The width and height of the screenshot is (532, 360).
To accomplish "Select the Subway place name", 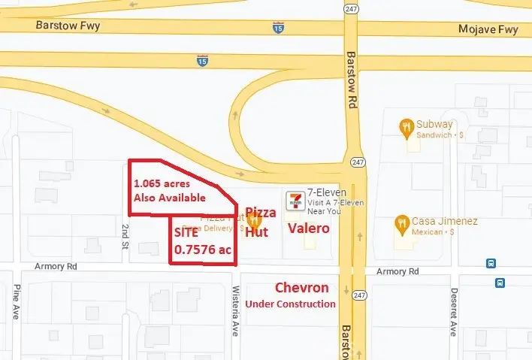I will click(435, 124).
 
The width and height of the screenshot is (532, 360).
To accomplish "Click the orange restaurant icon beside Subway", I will click(407, 126).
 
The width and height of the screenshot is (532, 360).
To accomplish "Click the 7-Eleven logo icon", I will click(295, 200).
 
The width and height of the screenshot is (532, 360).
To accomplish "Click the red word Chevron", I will click(301, 288).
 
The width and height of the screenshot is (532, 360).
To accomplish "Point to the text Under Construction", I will click(290, 304).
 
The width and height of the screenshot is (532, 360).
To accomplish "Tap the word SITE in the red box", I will click(186, 233).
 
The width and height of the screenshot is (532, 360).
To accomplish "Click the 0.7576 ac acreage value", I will click(203, 250).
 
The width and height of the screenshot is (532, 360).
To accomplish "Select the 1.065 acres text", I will click(160, 183).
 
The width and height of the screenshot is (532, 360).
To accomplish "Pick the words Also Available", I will click(168, 198).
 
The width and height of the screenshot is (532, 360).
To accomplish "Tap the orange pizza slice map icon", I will click(254, 222).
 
